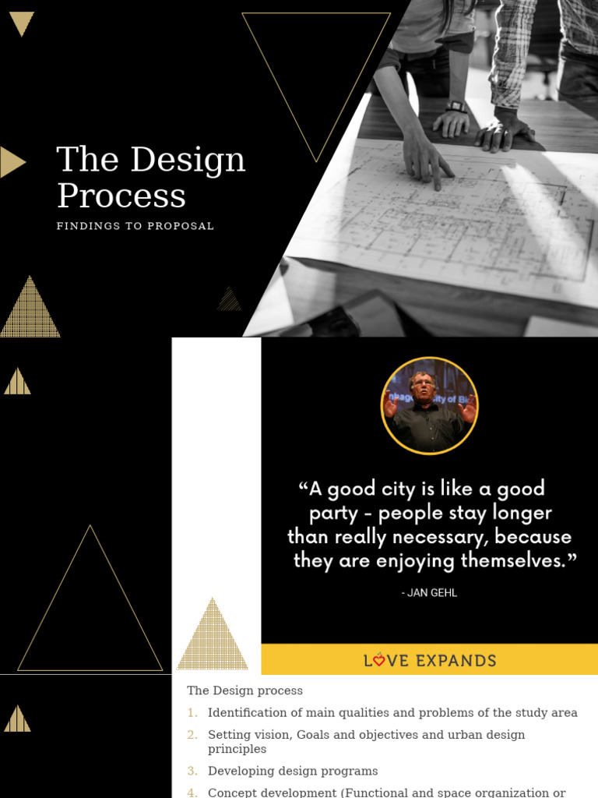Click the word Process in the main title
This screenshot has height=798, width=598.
121,196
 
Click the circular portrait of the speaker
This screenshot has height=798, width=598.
429,405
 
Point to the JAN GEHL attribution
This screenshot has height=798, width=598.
429,593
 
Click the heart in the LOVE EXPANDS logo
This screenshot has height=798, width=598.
378,661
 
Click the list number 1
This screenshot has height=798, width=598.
192,713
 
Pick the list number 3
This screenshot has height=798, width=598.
192,771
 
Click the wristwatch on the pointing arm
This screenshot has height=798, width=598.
456,107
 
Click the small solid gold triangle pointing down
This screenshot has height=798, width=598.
21,23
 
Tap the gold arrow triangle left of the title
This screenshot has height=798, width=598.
12,162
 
